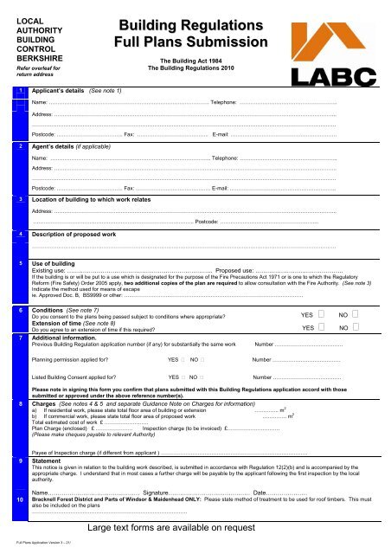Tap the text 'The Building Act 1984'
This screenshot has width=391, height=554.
(178, 61)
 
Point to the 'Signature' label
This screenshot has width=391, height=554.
(159, 492)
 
